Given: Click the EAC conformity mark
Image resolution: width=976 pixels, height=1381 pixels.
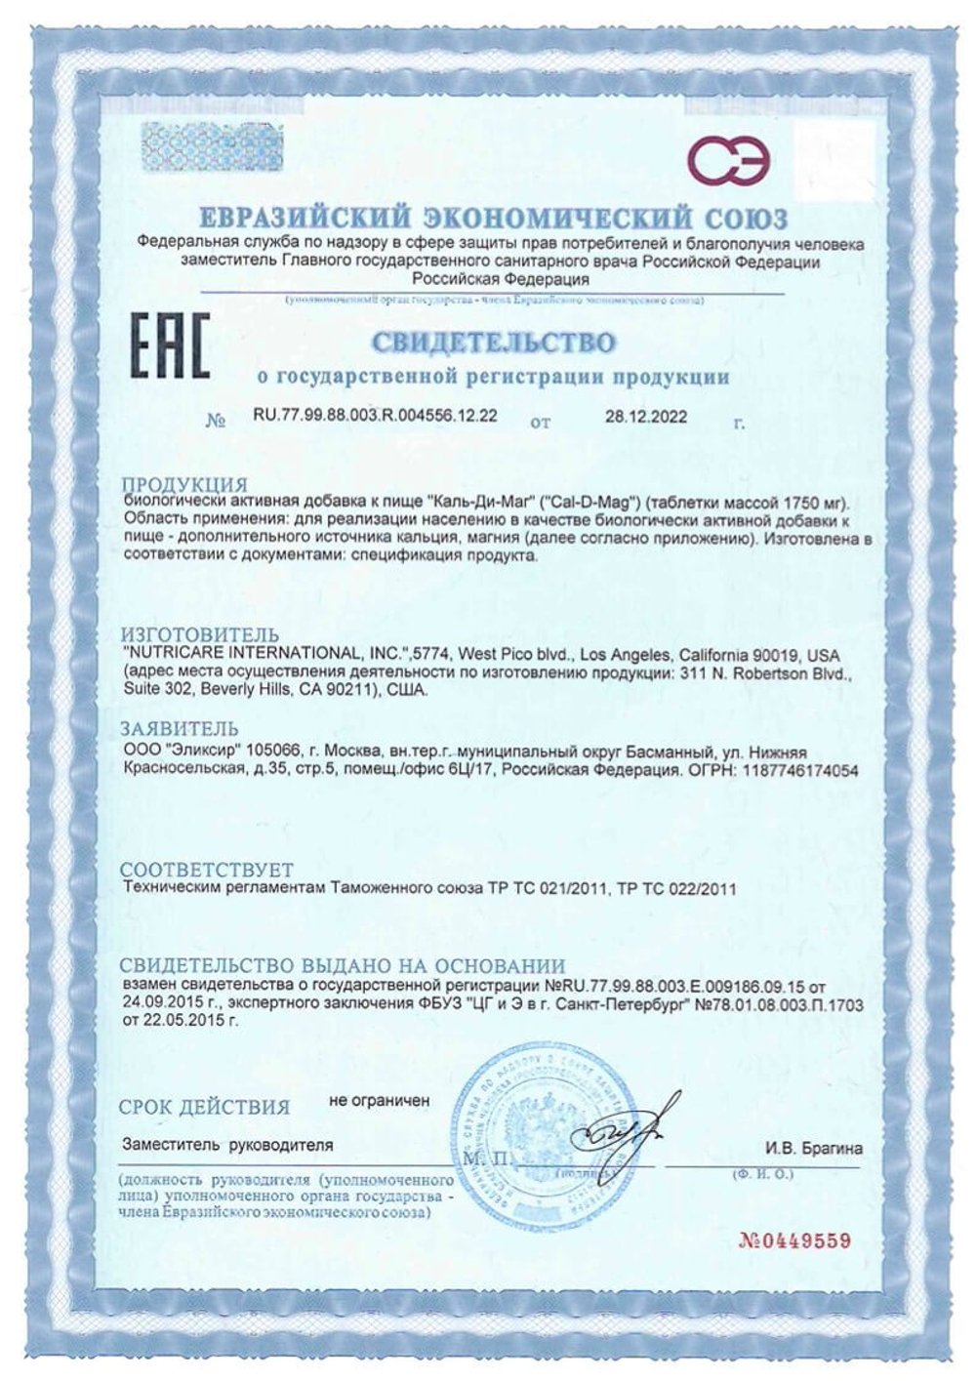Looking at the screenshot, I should point(171,345).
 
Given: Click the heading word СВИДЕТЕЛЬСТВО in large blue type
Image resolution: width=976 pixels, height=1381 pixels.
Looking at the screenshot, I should point(493,343).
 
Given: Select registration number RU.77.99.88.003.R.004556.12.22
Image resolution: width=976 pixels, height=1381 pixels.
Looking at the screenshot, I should point(376,415).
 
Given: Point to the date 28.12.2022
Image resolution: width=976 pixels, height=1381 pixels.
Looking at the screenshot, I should point(646,416).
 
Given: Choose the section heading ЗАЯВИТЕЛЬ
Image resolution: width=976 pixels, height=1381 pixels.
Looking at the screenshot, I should point(179,729).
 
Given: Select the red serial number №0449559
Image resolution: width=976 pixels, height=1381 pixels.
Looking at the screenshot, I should point(795,1240).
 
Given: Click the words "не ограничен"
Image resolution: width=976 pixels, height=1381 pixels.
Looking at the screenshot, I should point(380,1100).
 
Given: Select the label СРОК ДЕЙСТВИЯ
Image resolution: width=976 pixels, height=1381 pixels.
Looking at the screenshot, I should point(204,1107).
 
